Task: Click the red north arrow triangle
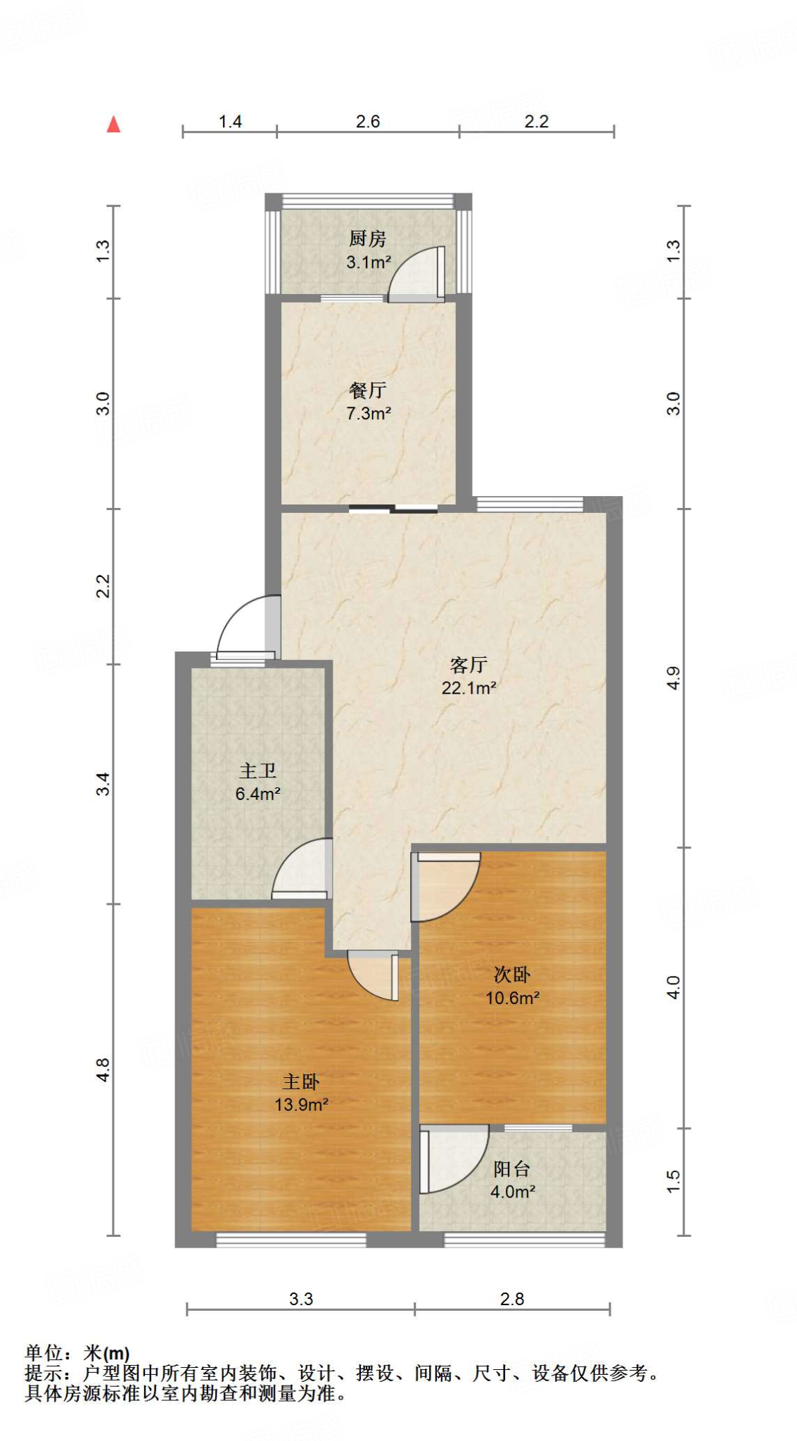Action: click(113, 125)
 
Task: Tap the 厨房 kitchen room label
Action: click(367, 239)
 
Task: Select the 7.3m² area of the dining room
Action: click(368, 413)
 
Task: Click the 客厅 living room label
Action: click(468, 664)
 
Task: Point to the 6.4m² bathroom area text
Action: click(257, 794)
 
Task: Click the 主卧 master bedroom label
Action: click(301, 1081)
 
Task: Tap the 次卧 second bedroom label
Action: click(511, 975)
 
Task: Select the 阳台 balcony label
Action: click(511, 1169)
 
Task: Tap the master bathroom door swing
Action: click(300, 868)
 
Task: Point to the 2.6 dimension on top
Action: click(367, 122)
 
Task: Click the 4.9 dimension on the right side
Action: click(673, 678)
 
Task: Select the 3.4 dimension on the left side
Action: click(103, 784)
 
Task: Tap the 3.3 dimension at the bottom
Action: click(300, 1299)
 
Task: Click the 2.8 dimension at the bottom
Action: click(511, 1299)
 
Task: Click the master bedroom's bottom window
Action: click(291, 1240)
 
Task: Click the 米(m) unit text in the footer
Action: click(106, 1353)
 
